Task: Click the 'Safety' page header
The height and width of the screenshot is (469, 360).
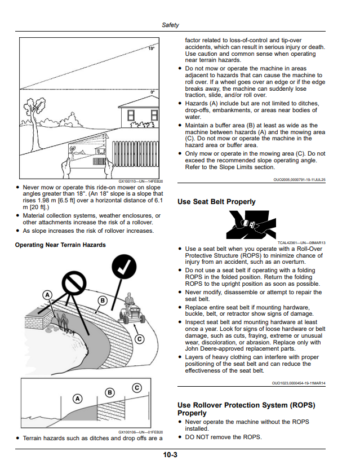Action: pos(170,25)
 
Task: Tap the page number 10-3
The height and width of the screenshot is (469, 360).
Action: pos(170,455)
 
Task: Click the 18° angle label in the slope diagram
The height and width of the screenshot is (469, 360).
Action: pos(152,48)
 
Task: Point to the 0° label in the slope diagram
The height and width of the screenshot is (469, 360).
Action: pos(153,92)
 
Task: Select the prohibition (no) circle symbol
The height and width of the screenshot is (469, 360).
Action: pos(74,282)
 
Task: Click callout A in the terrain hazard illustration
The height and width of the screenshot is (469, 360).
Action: pos(47,295)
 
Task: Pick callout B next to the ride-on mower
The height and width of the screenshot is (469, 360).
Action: pos(103,300)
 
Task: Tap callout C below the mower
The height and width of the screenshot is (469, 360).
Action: pos(139,339)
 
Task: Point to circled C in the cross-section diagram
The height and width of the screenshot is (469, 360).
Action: pos(137,388)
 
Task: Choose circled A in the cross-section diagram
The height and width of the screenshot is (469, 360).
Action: pos(77,399)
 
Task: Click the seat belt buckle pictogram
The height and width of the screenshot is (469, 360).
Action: pos(251,224)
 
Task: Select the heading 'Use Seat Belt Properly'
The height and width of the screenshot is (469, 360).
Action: pos(216,202)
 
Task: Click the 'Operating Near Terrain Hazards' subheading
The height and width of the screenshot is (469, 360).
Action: pos(60,245)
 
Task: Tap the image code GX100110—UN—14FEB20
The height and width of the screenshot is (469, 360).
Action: pos(141,182)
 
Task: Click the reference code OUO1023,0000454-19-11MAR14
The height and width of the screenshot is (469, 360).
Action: pos(299,383)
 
